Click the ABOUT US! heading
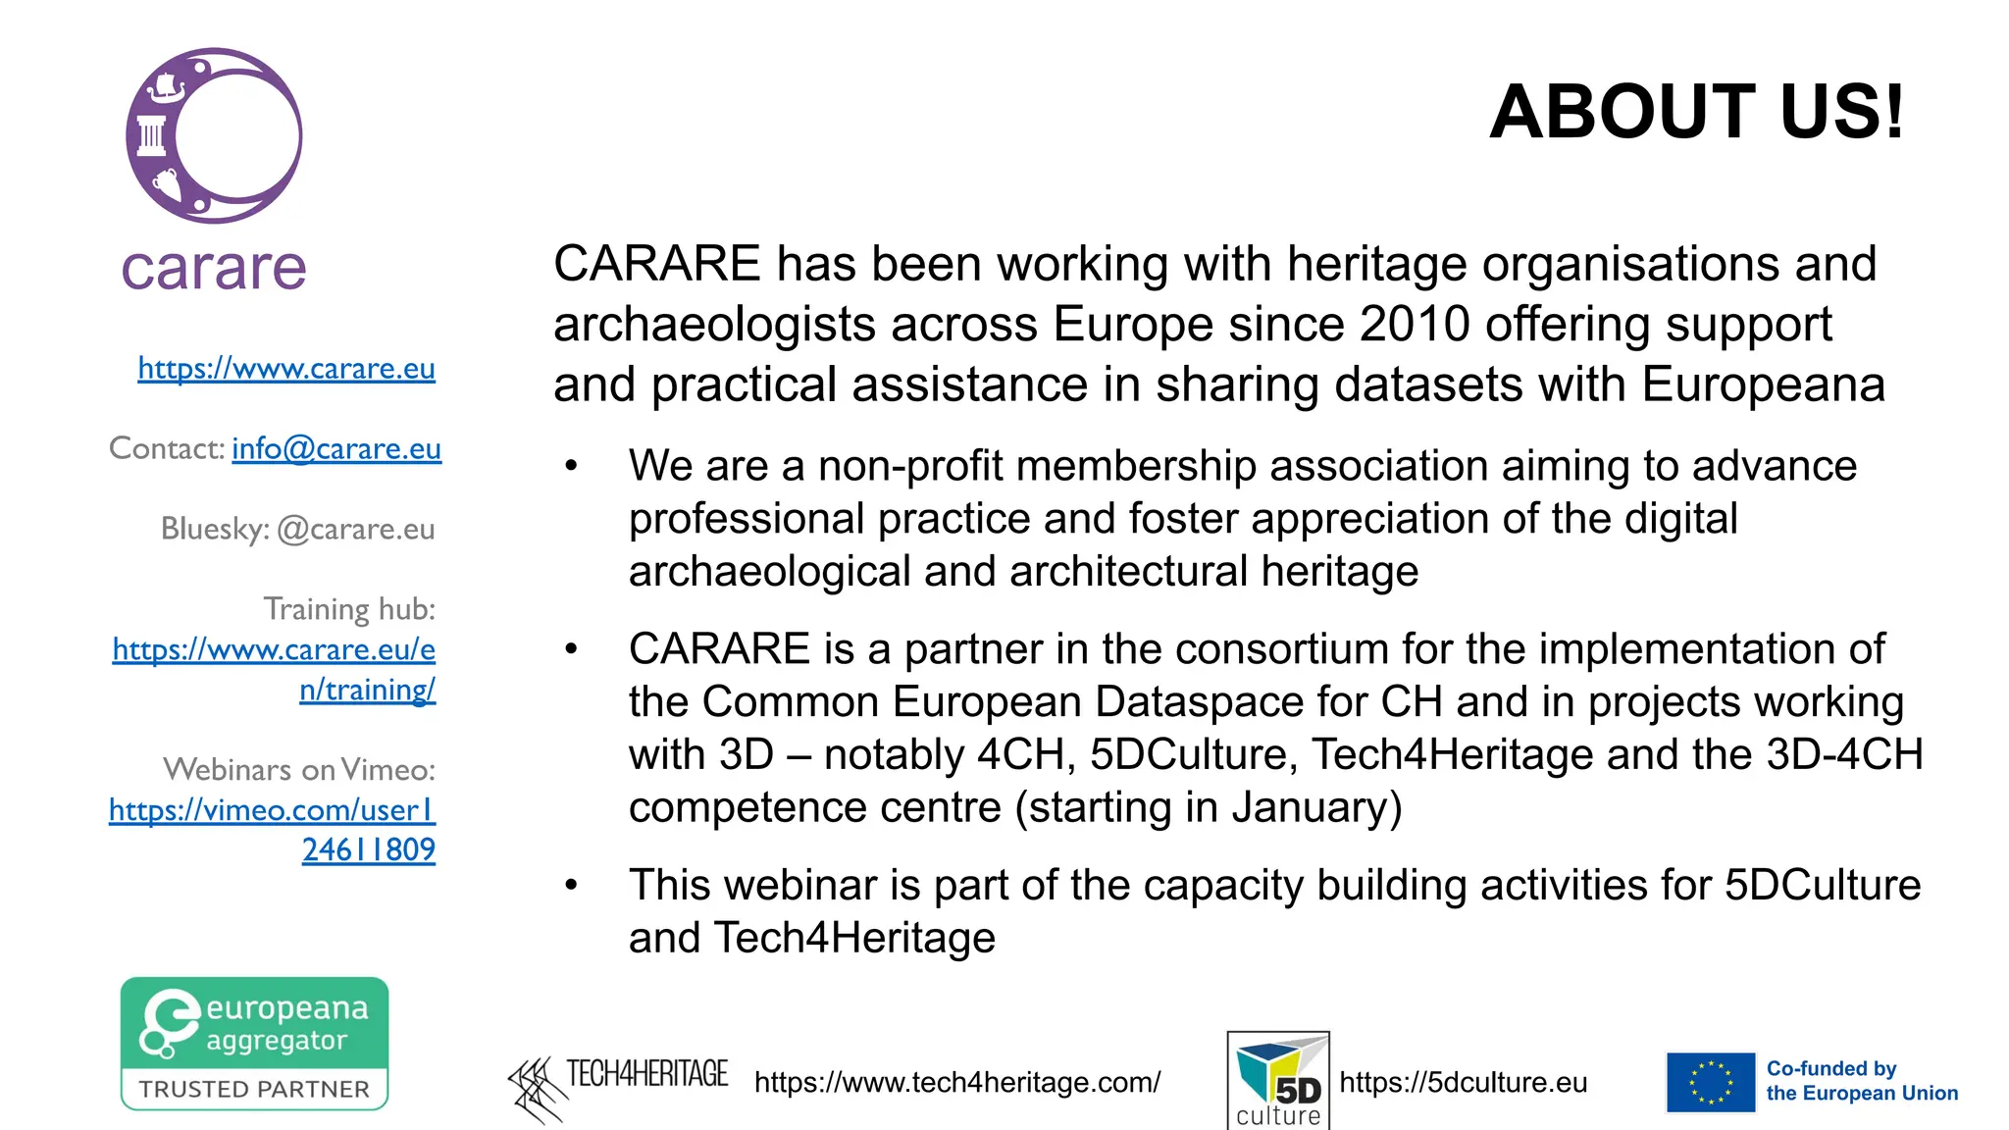(x=1697, y=112)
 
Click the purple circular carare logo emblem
(x=214, y=136)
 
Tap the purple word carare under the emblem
(x=214, y=269)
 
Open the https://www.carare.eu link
(x=285, y=369)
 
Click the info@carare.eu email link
(x=336, y=449)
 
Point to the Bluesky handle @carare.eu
(x=355, y=530)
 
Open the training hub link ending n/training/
(x=367, y=691)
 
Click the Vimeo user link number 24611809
(x=368, y=850)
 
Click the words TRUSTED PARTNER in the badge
(x=254, y=1090)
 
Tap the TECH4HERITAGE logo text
(x=646, y=1075)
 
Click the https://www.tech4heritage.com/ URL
(x=957, y=1083)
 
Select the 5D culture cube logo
(x=1278, y=1079)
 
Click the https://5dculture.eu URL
(x=1463, y=1083)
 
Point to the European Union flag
(x=1711, y=1083)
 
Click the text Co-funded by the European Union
(x=1861, y=1081)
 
